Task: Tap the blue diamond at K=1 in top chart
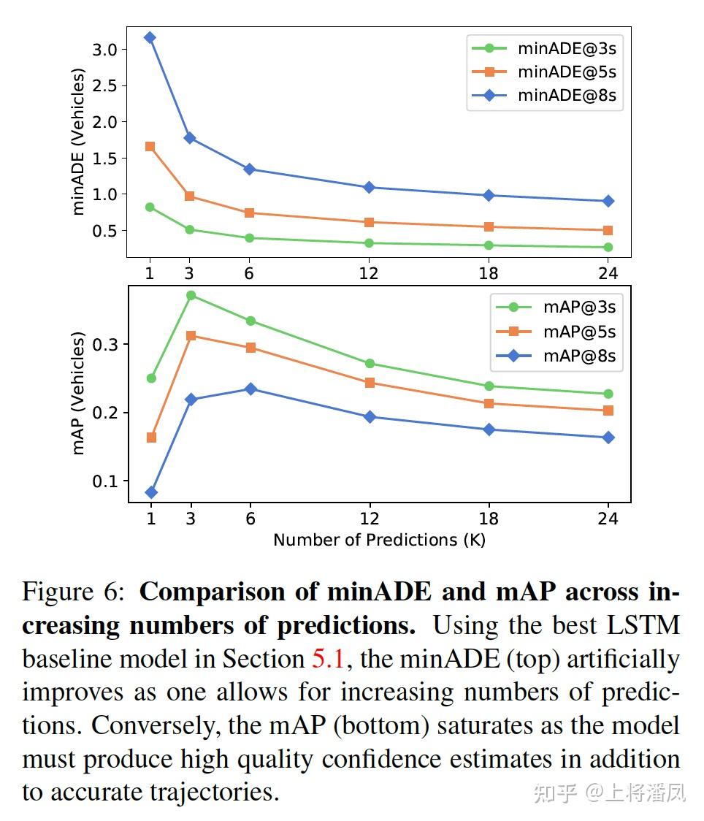[x=150, y=37]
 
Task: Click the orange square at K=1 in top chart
[x=150, y=146]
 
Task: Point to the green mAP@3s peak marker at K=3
[x=191, y=295]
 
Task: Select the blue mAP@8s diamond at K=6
[x=250, y=389]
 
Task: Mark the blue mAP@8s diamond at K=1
[x=151, y=492]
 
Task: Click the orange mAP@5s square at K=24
[x=608, y=410]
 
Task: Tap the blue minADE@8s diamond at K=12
[x=369, y=188]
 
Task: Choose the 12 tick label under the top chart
[x=369, y=274]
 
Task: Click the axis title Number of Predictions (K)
[x=379, y=541]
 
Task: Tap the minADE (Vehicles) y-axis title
[x=79, y=142]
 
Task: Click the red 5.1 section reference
[x=328, y=659]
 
